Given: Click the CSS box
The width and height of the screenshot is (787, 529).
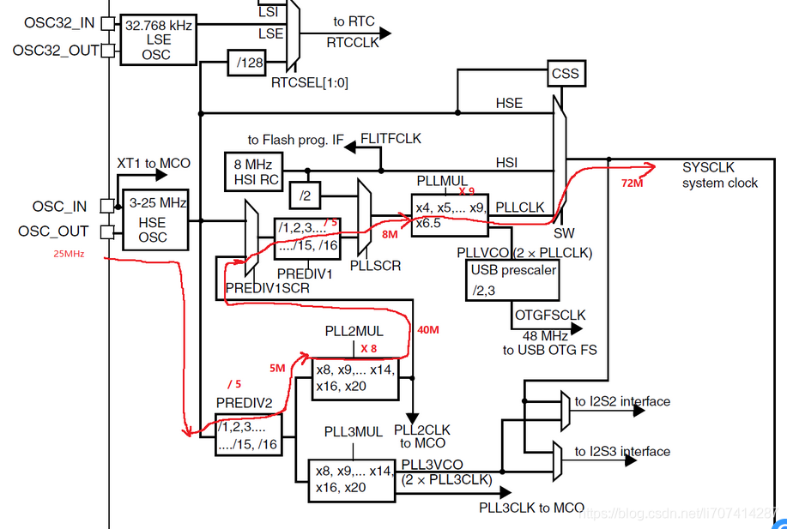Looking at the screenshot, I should pyautogui.click(x=566, y=74).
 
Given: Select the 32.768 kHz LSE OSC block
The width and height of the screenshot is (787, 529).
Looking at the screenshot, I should pyautogui.click(x=159, y=39).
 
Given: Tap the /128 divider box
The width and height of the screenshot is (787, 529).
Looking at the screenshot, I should pyautogui.click(x=245, y=61).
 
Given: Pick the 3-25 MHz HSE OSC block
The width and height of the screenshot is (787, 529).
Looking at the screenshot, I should pyautogui.click(x=154, y=219).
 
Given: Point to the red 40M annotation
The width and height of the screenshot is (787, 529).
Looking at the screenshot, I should pyautogui.click(x=428, y=330).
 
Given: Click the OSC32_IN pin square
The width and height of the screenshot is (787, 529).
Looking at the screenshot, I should pyautogui.click(x=107, y=24).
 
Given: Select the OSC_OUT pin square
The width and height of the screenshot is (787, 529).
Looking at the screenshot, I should pyautogui.click(x=107, y=231).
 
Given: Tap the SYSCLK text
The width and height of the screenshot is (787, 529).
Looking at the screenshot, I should pyautogui.click(x=708, y=166).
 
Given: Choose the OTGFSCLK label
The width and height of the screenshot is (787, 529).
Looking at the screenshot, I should pyautogui.click(x=549, y=316).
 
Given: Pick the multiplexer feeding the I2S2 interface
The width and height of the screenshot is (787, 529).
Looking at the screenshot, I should pyautogui.click(x=564, y=411).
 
